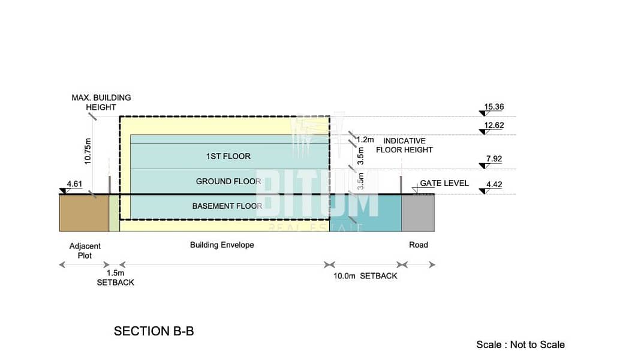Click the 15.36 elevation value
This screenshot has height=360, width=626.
(493, 107)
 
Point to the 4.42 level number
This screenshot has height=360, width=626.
(493, 185)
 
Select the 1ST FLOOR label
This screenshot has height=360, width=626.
(228, 157)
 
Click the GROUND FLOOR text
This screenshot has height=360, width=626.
(228, 181)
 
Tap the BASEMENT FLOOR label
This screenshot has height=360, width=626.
(227, 206)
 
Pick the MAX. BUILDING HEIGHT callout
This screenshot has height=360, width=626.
(101, 101)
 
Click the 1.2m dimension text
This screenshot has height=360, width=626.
(365, 140)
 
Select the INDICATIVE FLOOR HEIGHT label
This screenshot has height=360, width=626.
(404, 145)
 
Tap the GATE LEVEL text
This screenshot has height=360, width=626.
(444, 183)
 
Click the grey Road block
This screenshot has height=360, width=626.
(418, 214)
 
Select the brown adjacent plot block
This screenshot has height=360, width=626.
(83, 214)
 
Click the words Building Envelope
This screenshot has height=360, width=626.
(222, 245)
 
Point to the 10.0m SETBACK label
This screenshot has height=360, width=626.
(365, 276)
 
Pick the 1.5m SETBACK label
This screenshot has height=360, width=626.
(115, 278)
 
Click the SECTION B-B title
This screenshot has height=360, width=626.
(154, 331)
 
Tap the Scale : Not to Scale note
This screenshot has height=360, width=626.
(520, 344)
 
